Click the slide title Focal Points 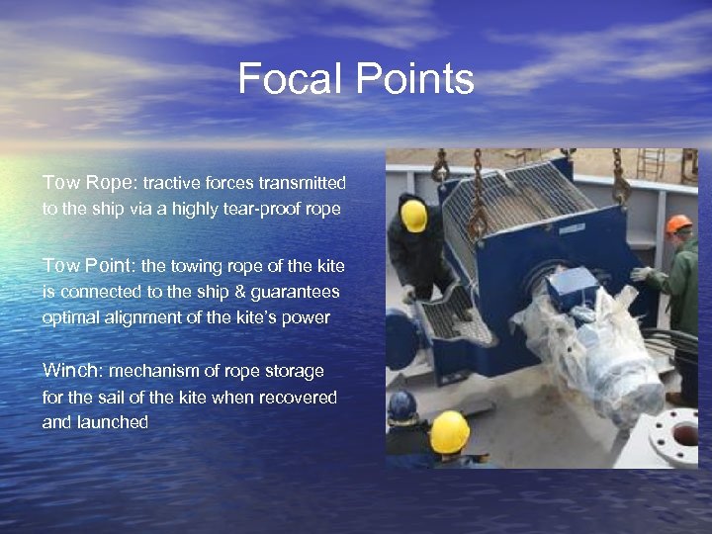356,79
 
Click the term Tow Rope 90,183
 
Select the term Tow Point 90,266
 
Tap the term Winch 73,371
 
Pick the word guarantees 294,292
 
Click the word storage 294,371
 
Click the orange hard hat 678,224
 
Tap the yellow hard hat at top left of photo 414,217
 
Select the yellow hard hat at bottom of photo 449,432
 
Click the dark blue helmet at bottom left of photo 401,404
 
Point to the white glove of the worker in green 643,273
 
